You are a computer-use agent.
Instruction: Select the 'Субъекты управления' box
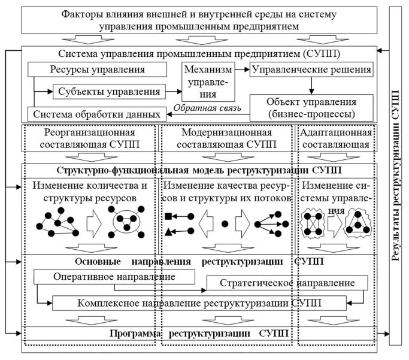tap(110, 92)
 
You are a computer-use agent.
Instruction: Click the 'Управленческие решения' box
tap(311, 69)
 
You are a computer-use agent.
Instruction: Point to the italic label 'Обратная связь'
tap(206, 109)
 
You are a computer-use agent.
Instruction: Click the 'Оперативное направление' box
tap(114, 277)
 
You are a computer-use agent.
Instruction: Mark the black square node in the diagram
tap(169, 215)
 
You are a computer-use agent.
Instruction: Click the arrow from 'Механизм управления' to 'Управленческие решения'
tap(241, 70)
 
